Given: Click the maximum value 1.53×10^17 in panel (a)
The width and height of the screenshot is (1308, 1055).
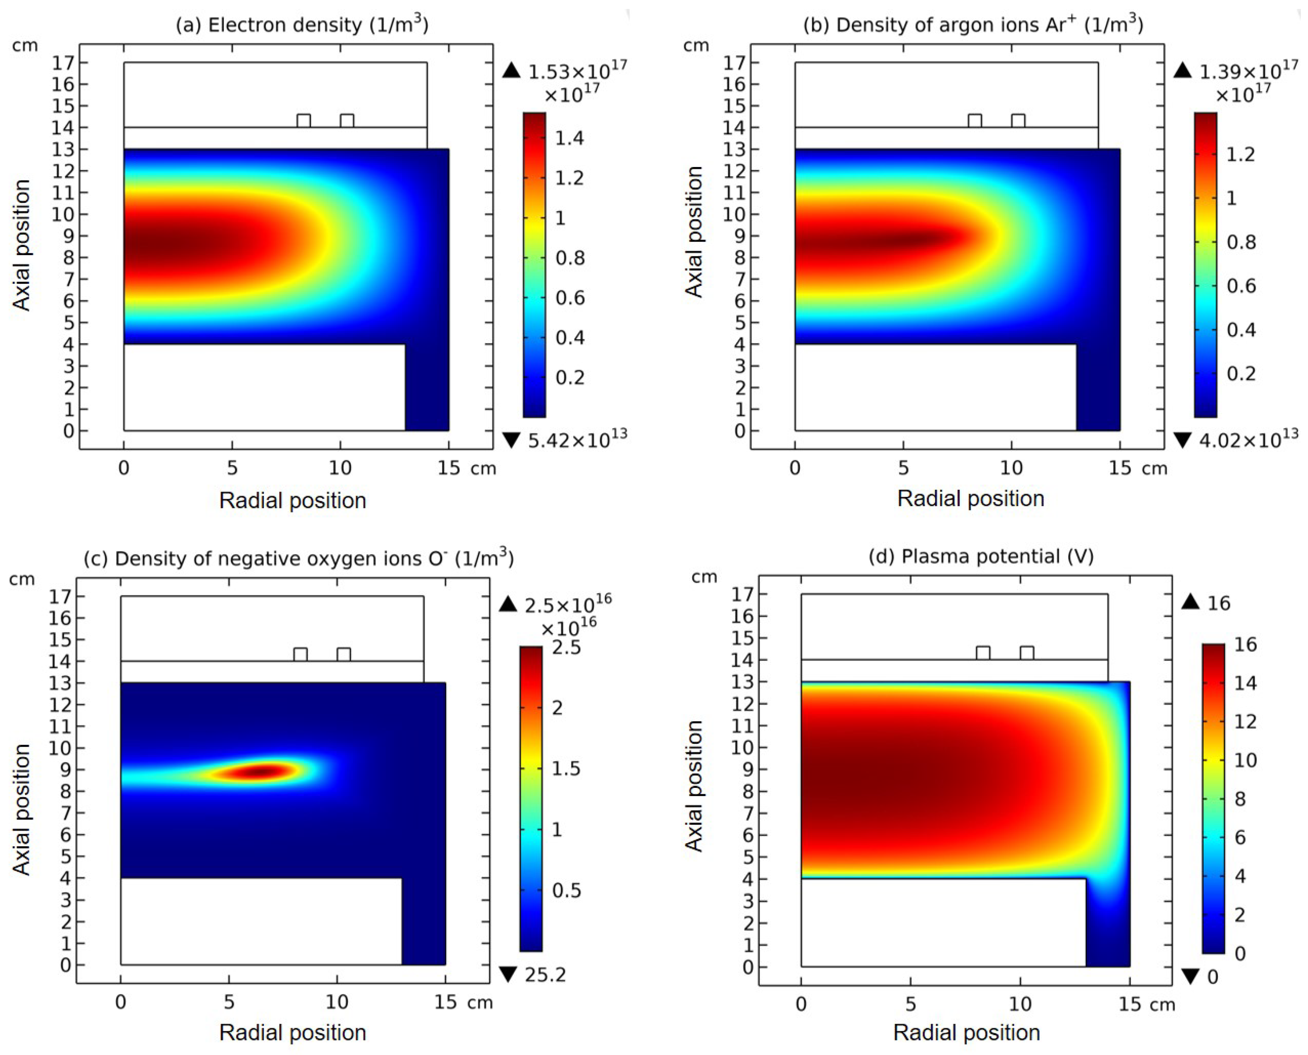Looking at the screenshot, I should point(576,72).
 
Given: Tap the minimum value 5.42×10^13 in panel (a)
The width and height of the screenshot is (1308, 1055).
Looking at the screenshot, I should point(576,439).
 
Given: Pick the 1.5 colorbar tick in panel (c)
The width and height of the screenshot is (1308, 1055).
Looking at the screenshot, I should point(565,769).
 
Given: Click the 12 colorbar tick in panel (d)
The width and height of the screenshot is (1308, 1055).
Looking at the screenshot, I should point(1245,721).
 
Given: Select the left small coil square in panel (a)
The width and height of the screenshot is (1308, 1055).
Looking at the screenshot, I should point(303,120).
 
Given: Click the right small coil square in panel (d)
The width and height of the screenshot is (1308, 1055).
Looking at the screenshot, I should point(1027,653).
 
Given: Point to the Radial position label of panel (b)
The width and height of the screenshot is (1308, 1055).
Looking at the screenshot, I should point(971,498).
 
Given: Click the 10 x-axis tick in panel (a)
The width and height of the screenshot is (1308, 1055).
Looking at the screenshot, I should point(340,468).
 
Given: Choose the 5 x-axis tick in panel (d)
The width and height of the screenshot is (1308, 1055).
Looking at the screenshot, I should point(910,1004).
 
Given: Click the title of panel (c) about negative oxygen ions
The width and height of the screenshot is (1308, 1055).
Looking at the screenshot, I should point(299,558).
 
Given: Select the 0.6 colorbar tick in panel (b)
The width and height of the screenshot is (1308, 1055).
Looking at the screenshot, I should point(1240,286).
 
